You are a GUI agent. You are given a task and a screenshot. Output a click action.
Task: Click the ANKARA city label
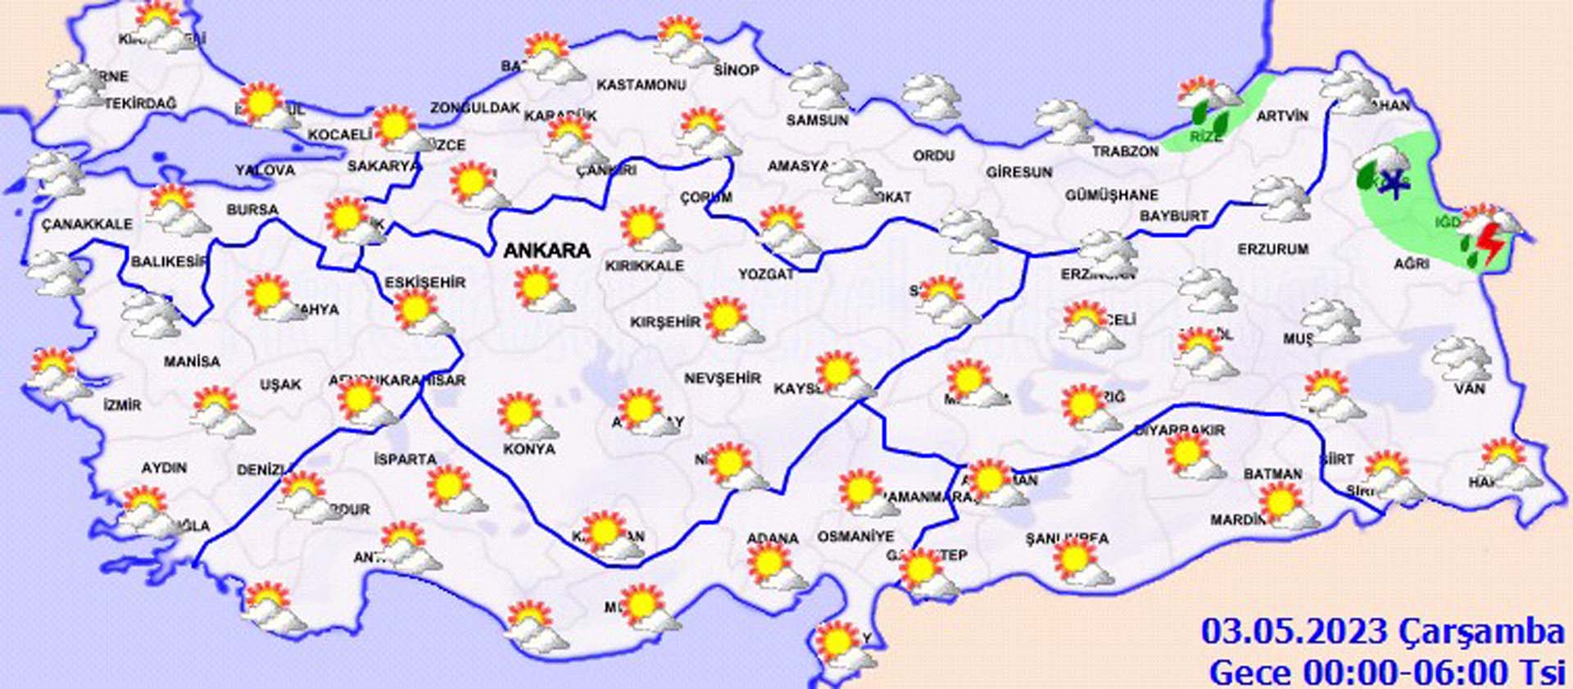[546, 251]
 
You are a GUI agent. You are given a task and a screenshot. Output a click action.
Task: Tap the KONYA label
[529, 449]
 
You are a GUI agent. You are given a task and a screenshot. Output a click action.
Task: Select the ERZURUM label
[1273, 249]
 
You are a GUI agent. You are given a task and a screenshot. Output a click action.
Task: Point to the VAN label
[1469, 388]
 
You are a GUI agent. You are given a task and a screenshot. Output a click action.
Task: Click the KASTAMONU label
[641, 85]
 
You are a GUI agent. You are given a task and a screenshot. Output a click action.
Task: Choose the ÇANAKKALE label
[87, 224]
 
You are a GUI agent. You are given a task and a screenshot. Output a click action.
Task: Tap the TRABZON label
[1125, 152]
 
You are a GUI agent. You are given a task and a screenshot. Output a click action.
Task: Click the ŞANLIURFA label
[1067, 538]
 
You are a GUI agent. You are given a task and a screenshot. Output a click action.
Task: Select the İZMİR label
[123, 405]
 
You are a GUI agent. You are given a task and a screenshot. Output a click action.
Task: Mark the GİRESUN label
[1018, 172]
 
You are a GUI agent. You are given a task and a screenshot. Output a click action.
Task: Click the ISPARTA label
[405, 459]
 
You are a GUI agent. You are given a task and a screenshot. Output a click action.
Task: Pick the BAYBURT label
[1173, 216]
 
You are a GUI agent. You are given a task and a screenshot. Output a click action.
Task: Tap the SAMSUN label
[817, 120]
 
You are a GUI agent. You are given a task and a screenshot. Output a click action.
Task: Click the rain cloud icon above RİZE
[1208, 102]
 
